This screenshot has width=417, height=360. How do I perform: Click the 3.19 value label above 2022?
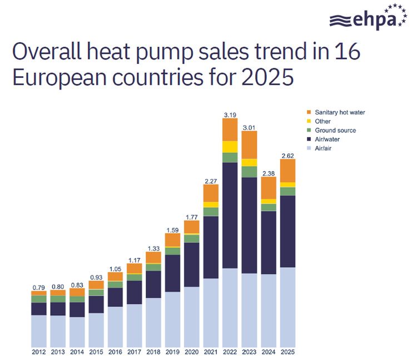pos(230,115)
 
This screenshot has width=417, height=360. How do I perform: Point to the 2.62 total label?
pos(287,155)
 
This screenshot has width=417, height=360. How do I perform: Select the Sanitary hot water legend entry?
pos(339,112)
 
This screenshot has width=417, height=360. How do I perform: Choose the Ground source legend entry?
pos(335,130)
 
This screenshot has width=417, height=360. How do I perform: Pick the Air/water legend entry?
pos(329,139)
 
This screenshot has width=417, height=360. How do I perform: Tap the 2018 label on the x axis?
pos(153,352)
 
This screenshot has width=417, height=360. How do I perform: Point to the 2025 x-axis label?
pos(287,352)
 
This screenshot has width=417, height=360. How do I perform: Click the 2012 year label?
pos(38,352)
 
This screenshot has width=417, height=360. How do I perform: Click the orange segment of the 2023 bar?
pos(249,144)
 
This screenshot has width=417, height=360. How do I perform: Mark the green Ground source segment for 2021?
pos(211,212)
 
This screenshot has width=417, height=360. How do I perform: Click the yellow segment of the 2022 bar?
pos(230,147)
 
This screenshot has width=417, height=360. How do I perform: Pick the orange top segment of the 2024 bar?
pos(269,187)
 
